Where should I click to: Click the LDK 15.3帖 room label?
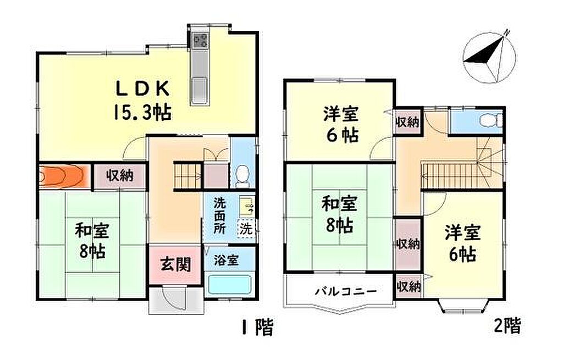[142, 100]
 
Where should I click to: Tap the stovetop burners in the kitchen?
[200, 40]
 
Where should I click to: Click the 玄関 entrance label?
[175, 265]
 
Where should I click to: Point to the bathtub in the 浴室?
[230, 284]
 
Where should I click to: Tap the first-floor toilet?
[242, 175]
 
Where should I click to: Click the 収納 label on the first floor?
[119, 175]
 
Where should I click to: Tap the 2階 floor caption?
[507, 325]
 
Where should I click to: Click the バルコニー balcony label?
[346, 291]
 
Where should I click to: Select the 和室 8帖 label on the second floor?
[339, 214]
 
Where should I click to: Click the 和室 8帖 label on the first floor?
[92, 241]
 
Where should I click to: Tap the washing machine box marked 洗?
[246, 229]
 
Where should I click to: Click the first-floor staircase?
[187, 175]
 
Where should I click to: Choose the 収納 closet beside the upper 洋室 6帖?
[407, 122]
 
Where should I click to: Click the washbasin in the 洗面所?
[247, 206]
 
